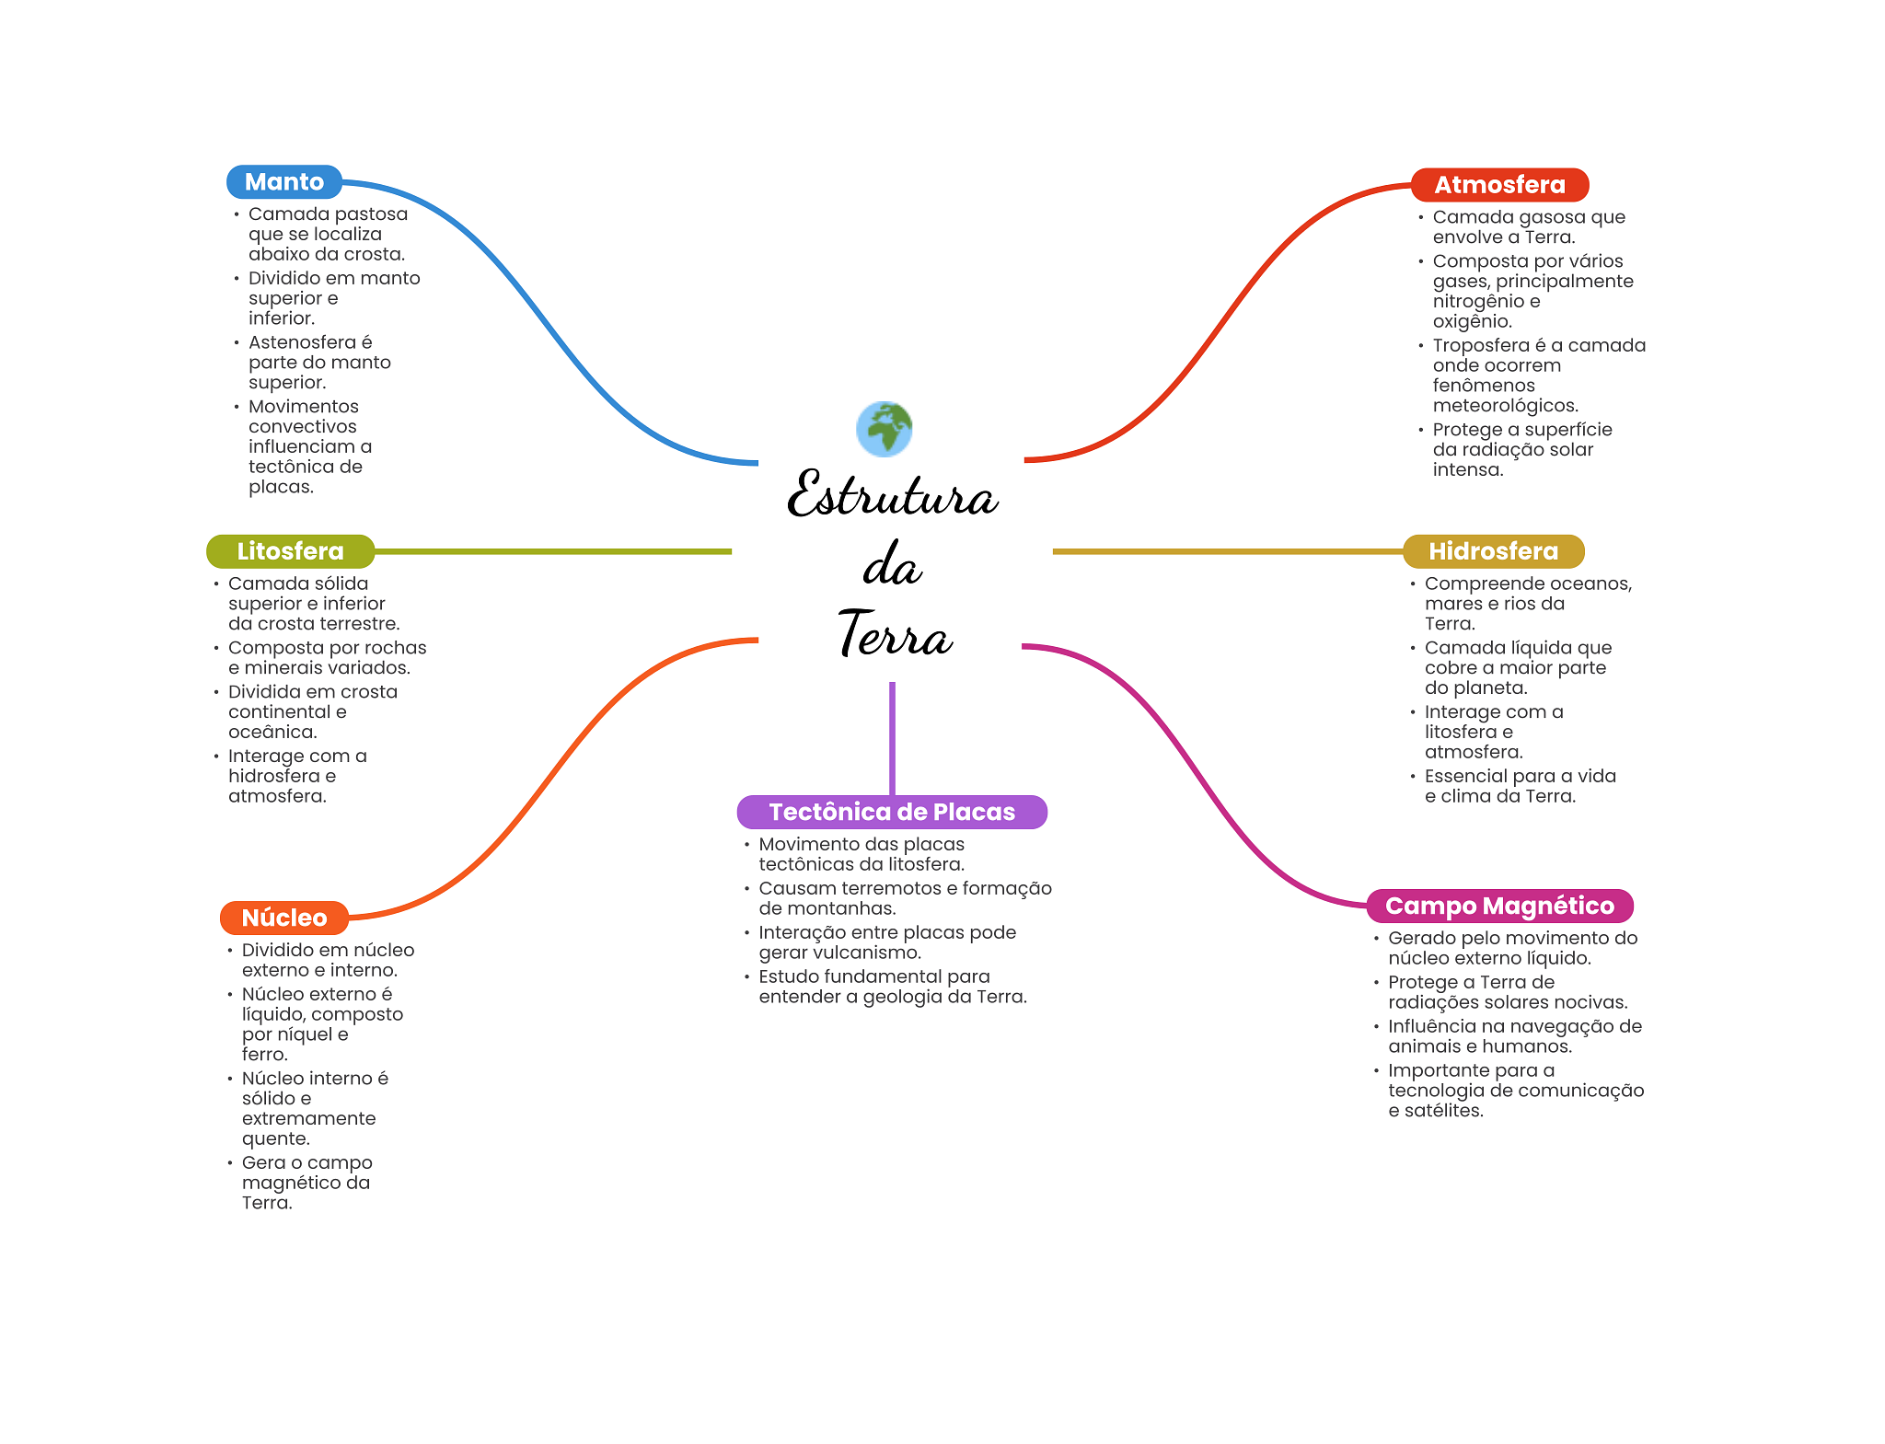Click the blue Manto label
pyautogui.click(x=283, y=182)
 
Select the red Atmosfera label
pyautogui.click(x=1499, y=185)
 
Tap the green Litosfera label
pyautogui.click(x=290, y=551)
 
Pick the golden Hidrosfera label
pyautogui.click(x=1493, y=551)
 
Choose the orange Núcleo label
pyautogui.click(x=284, y=918)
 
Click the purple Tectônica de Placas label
pyautogui.click(x=892, y=812)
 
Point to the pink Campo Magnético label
pyautogui.click(x=1499, y=906)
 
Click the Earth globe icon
pyautogui.click(x=885, y=429)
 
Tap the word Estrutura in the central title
pyautogui.click(x=892, y=495)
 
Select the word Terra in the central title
pyautogui.click(x=895, y=635)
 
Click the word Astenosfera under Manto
pyautogui.click(x=302, y=342)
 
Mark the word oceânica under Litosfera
pyautogui.click(x=272, y=733)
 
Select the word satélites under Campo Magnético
pyautogui.click(x=1443, y=1111)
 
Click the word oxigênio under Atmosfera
pyautogui.click(x=1472, y=321)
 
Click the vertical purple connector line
pyautogui.click(x=892, y=736)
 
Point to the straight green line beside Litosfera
pyautogui.click(x=552, y=551)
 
